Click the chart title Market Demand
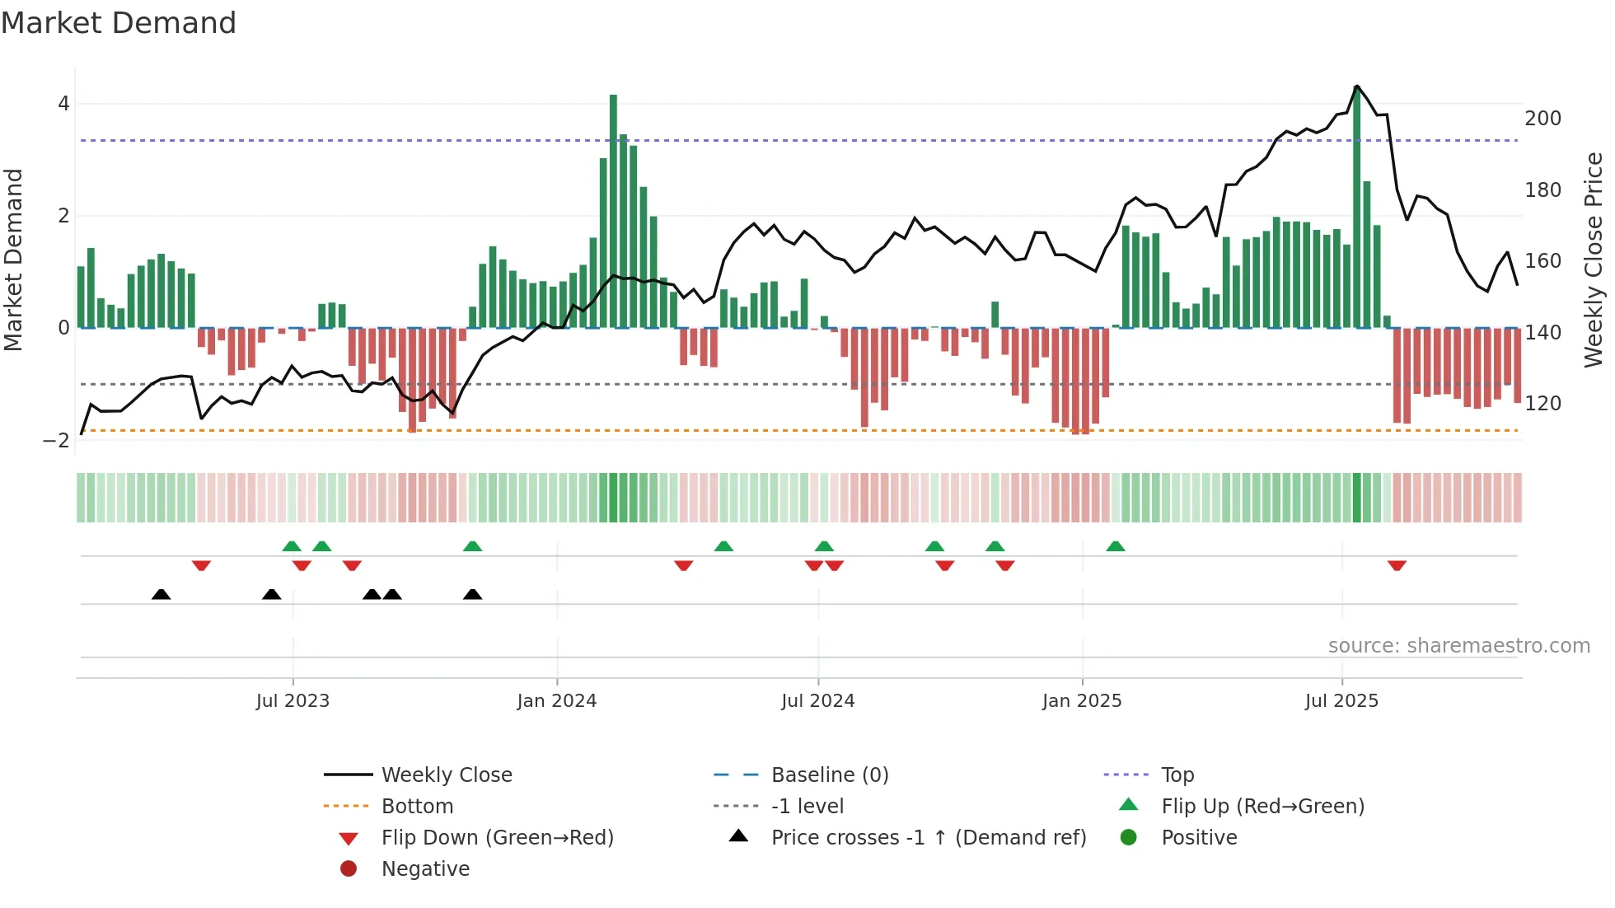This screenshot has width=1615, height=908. [119, 23]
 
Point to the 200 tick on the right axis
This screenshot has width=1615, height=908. [1542, 119]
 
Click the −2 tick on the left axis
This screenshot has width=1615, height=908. [56, 441]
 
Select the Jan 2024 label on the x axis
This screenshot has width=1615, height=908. [556, 701]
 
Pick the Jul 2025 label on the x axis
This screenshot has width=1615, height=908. [1341, 701]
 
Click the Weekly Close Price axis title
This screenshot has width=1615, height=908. [1594, 260]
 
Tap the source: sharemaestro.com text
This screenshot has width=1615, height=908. [1458, 646]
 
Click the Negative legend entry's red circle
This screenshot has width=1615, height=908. [349, 869]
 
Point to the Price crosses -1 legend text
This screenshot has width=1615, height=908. [928, 838]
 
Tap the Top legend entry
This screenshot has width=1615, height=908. [1177, 775]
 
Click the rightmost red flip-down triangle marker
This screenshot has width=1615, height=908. [1396, 565]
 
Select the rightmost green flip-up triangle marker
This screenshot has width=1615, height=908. [1115, 546]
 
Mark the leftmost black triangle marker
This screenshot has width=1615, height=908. [161, 594]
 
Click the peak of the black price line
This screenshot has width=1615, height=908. [1356, 86]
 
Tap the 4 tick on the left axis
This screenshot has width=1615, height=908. [63, 104]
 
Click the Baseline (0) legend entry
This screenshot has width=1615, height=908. [829, 775]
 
